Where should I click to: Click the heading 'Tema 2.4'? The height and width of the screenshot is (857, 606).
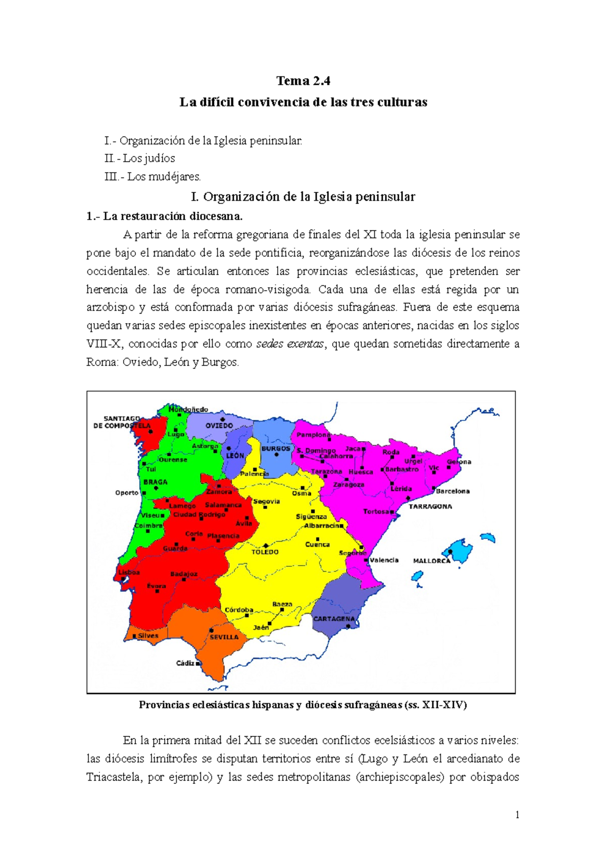pyautogui.click(x=303, y=81)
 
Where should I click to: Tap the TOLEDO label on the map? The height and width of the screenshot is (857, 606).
pyautogui.click(x=265, y=552)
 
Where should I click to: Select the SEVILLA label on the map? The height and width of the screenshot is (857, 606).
pyautogui.click(x=224, y=637)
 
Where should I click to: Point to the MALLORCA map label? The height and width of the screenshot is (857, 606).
pyautogui.click(x=431, y=561)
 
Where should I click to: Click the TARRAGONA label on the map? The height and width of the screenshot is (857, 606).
pyautogui.click(x=430, y=506)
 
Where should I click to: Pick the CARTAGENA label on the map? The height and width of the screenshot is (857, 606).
pyautogui.click(x=334, y=619)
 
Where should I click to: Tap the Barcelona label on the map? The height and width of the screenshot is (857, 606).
pyautogui.click(x=453, y=491)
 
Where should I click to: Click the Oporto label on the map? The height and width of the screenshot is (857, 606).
pyautogui.click(x=127, y=493)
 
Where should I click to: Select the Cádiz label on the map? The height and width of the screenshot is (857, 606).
pyautogui.click(x=185, y=663)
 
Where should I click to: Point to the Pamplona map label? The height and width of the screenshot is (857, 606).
pyautogui.click(x=314, y=435)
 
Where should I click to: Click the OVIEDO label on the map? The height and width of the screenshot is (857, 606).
pyautogui.click(x=219, y=425)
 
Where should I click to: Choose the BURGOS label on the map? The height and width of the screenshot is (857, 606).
pyautogui.click(x=276, y=448)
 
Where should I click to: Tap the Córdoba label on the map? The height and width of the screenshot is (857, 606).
pyautogui.click(x=239, y=610)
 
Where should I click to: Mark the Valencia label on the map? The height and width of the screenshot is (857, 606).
pyautogui.click(x=384, y=560)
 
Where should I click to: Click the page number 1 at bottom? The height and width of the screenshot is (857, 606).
pyautogui.click(x=517, y=815)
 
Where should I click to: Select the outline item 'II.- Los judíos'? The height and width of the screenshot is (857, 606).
pyautogui.click(x=140, y=158)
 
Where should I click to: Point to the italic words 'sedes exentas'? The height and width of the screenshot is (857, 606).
pyautogui.click(x=290, y=344)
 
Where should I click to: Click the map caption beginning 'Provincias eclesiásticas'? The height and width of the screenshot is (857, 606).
pyautogui.click(x=302, y=705)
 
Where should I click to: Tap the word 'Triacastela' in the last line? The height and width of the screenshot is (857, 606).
pyautogui.click(x=114, y=777)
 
